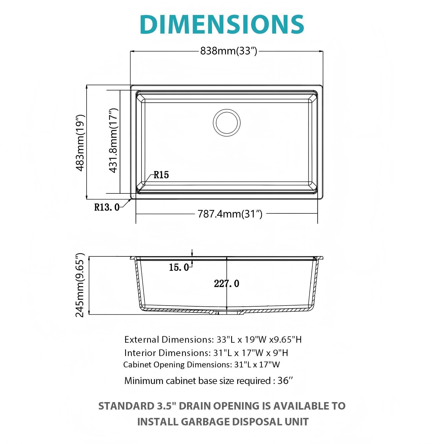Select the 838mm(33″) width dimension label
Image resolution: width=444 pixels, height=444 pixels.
229,51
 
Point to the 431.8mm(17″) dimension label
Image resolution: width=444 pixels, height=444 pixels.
113,140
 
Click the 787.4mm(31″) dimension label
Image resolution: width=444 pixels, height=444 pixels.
230,214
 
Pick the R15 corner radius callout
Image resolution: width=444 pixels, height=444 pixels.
161,175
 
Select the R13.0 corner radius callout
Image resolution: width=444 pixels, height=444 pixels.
107,207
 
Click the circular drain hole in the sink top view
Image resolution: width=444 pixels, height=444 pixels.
227,123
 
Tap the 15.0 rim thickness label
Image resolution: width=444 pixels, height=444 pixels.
179,268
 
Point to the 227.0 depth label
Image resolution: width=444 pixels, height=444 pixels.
226,284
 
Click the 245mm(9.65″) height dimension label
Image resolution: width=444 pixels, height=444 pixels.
80,285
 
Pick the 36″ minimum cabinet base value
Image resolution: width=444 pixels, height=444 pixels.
285,380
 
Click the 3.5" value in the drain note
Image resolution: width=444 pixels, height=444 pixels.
165,406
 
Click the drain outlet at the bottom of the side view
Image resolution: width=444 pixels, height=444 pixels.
227,312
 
